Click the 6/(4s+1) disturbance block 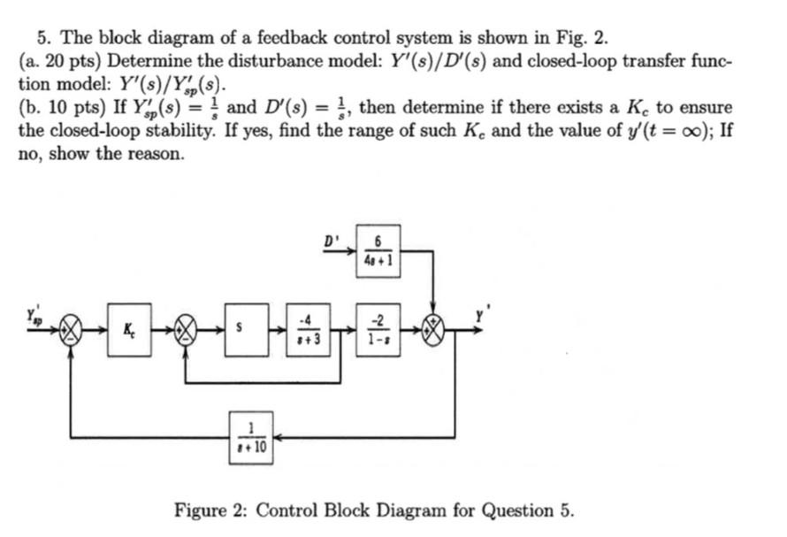(x=378, y=251)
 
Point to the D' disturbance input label (x=330, y=240)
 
